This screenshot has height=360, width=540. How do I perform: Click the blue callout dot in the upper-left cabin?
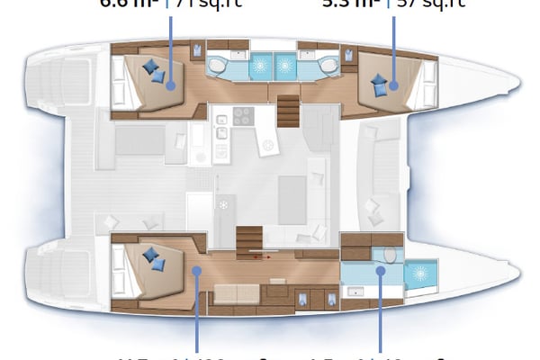(x=171, y=87)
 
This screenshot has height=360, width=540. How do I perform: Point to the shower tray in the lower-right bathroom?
(x=418, y=274)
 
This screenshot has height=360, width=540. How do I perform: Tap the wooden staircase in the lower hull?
(x=247, y=238)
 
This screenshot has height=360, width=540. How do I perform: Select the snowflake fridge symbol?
(x=222, y=204)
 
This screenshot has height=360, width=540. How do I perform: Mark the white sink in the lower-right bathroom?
(x=356, y=291)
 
